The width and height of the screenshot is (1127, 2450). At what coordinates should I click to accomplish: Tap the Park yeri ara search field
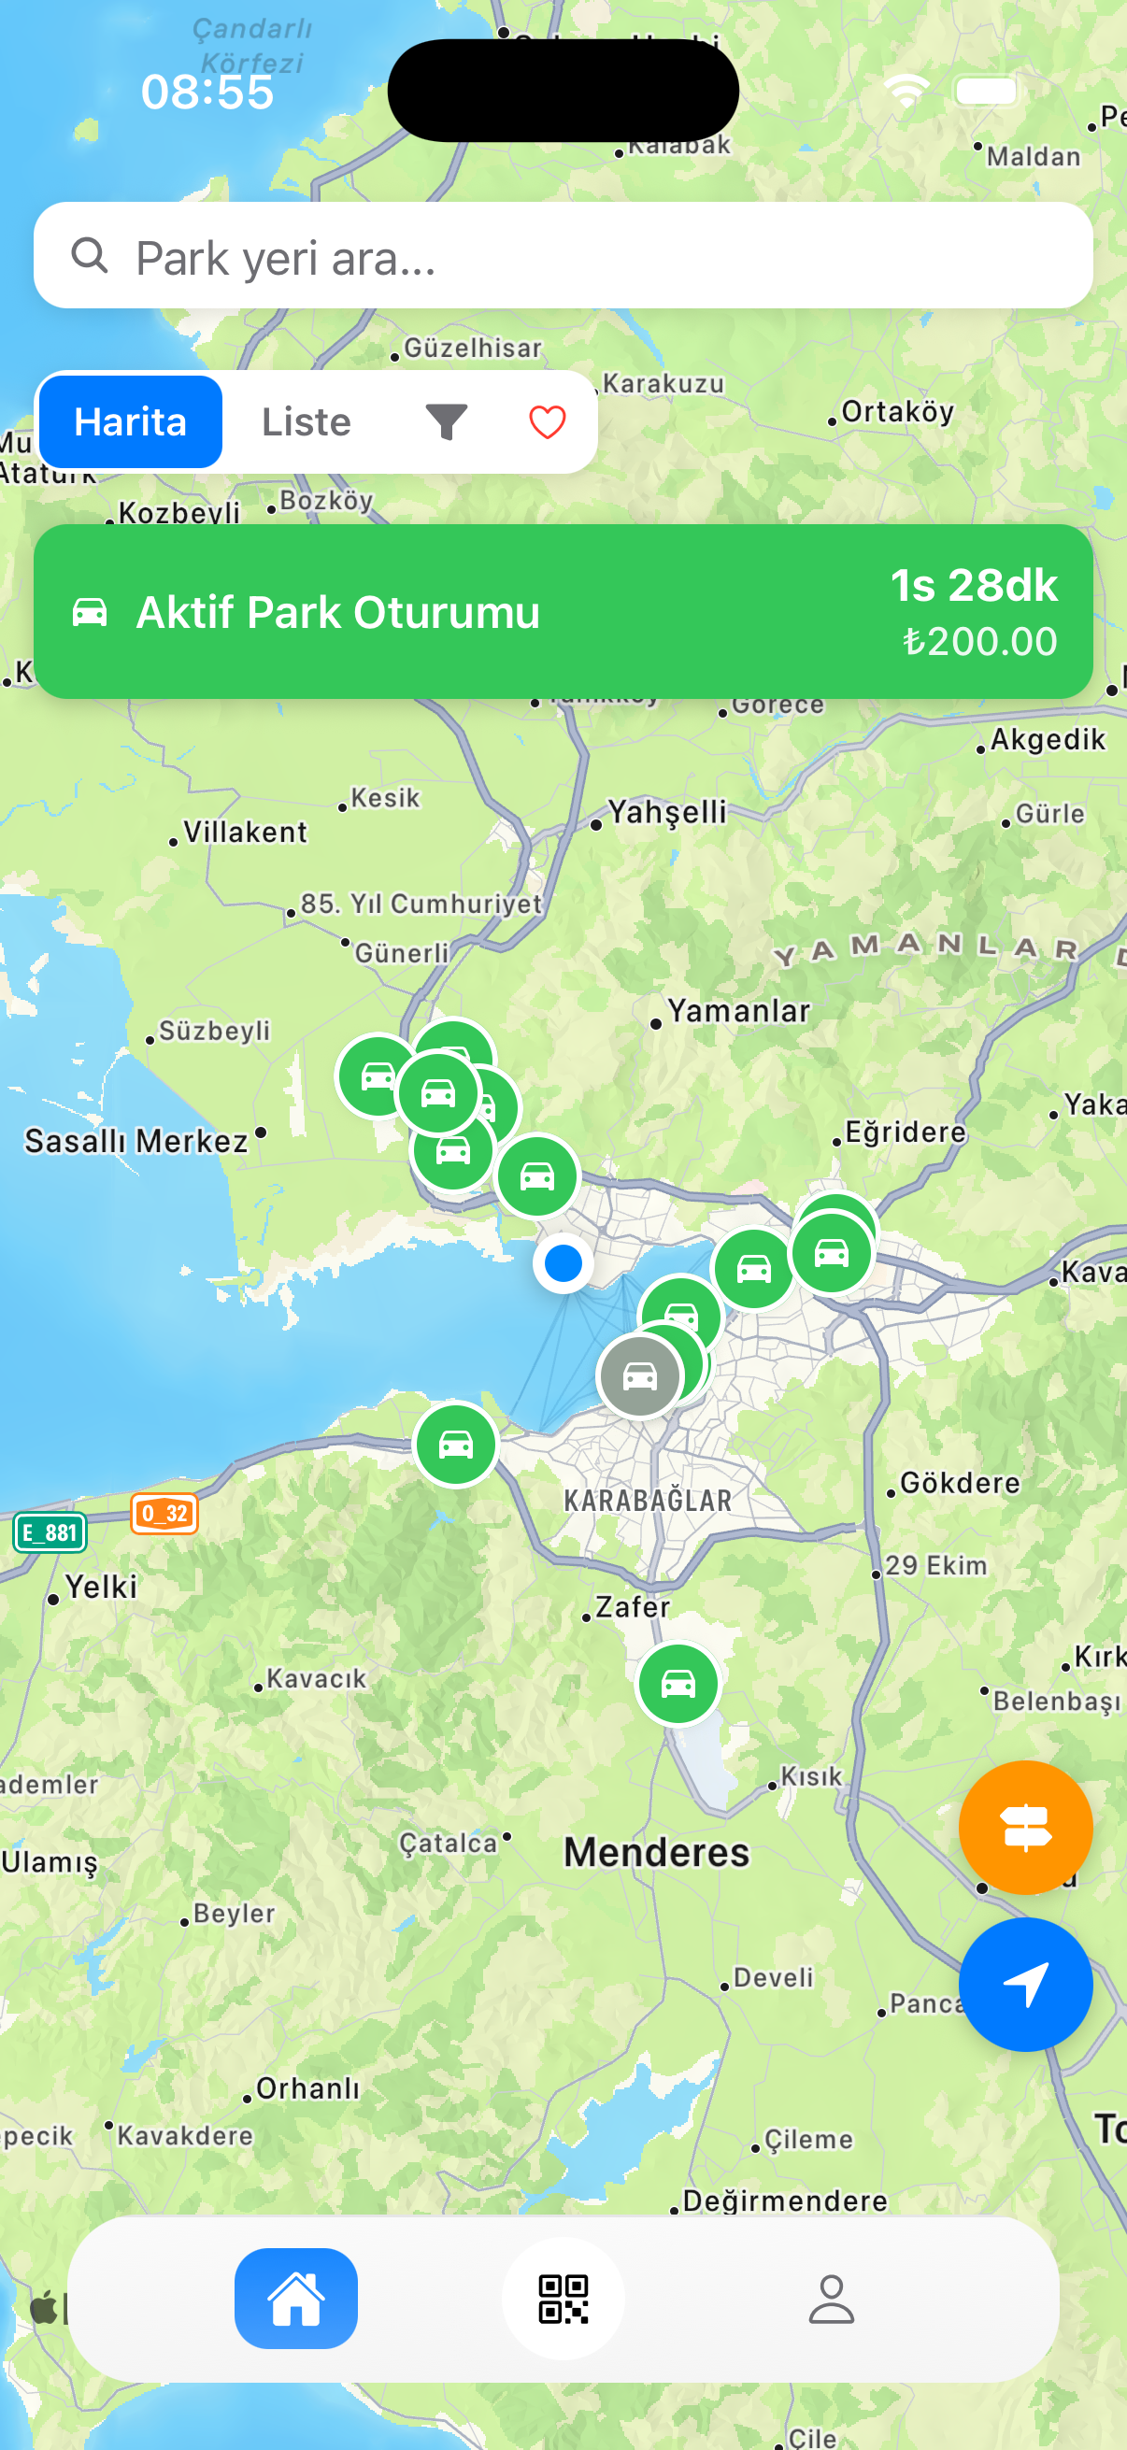563,256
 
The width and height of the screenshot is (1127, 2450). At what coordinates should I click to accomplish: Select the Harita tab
130,422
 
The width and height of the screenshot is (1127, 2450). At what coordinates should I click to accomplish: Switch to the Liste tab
307,422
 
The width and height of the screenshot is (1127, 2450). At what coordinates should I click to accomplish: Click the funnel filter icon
446,422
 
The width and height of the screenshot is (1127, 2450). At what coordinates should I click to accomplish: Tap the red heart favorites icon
547,422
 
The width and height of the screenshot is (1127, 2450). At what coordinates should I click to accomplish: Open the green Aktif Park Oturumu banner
563,611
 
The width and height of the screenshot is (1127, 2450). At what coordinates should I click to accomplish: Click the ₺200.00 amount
979,642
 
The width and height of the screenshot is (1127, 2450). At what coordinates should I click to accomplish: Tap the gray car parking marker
639,1375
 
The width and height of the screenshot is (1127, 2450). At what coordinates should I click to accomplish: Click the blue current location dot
563,1263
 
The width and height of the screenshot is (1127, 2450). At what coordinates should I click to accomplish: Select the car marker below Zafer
678,1684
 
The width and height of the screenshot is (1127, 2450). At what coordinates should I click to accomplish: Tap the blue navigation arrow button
1025,1985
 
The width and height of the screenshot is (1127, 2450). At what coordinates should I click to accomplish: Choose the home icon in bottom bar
296,2299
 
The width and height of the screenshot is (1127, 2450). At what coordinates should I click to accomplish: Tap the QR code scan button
563,2299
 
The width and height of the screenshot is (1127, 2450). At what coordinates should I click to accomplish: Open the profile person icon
831,2299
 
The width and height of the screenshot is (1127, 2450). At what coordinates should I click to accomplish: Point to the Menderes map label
656,1853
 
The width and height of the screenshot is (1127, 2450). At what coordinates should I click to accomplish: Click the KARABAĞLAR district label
648,1501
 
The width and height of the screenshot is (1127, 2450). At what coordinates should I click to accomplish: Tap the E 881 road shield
50,1532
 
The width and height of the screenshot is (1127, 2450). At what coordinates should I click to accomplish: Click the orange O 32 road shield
164,1513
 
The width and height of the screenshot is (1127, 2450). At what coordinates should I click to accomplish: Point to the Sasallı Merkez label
136,1140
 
